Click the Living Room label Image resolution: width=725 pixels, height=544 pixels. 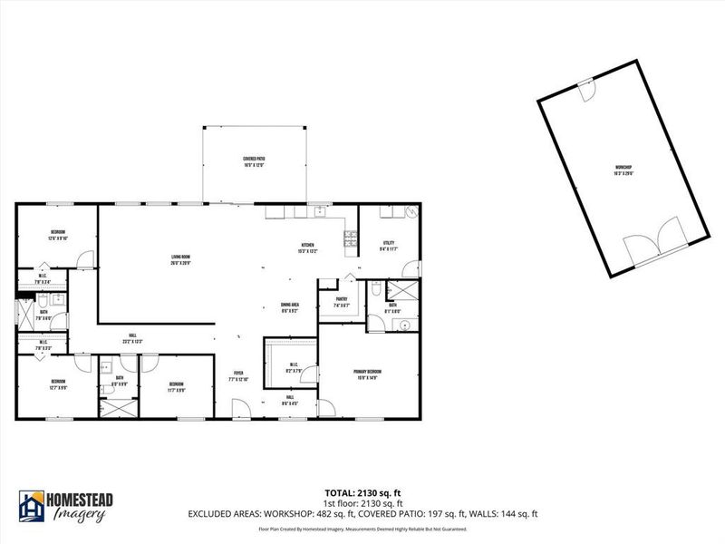(180, 260)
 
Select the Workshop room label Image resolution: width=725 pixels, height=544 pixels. (623, 170)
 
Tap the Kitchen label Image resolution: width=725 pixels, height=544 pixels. (308, 248)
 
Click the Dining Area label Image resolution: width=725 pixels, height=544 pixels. (289, 306)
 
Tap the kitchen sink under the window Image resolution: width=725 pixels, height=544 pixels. (319, 212)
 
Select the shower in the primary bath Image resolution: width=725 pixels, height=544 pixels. (401, 292)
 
